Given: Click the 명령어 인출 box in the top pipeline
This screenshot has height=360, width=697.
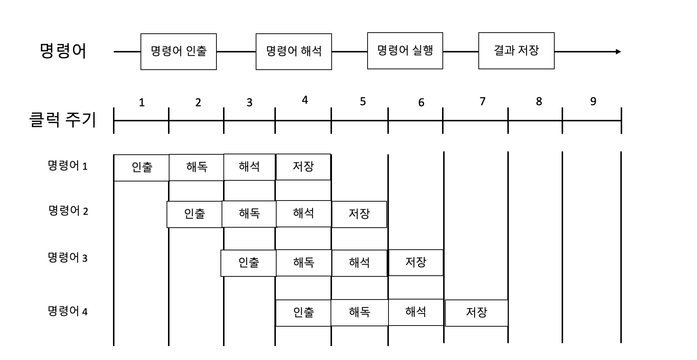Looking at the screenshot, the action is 179,51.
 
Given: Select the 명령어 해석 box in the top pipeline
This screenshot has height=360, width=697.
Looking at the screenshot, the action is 293,51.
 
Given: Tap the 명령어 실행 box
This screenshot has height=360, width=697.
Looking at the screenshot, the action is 405,51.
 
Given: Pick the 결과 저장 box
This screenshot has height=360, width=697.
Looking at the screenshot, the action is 516,51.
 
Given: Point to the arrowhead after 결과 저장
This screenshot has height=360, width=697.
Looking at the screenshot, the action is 618,52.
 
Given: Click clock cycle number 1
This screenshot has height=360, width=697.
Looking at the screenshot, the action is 142,103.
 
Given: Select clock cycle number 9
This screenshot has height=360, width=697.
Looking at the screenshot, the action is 593,102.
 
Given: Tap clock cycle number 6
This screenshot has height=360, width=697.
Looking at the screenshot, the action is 421,103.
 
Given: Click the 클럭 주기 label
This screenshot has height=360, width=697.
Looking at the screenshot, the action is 62,120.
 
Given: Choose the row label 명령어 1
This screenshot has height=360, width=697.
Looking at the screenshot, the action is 68,166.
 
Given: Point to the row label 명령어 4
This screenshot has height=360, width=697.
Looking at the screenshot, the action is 68,311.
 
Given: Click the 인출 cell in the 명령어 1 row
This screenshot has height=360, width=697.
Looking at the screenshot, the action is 142,168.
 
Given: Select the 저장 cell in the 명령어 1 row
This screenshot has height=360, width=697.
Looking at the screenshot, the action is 303,167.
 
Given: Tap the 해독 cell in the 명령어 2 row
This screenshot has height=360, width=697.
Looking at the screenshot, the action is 249,214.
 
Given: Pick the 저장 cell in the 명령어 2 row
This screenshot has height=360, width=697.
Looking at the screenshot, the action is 359,214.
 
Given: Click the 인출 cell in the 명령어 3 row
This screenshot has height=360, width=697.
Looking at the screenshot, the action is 248,263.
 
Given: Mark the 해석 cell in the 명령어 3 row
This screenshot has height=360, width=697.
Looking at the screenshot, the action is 359,263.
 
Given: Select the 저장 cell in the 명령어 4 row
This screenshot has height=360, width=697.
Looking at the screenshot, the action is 476,313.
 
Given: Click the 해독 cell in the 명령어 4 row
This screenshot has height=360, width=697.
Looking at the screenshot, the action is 359,312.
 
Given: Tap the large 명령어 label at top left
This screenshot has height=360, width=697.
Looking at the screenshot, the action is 63,51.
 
